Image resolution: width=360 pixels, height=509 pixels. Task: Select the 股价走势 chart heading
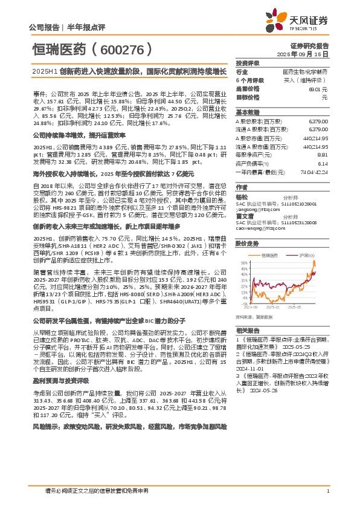point(247,227)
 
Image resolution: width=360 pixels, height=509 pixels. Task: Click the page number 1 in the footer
point(327,491)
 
